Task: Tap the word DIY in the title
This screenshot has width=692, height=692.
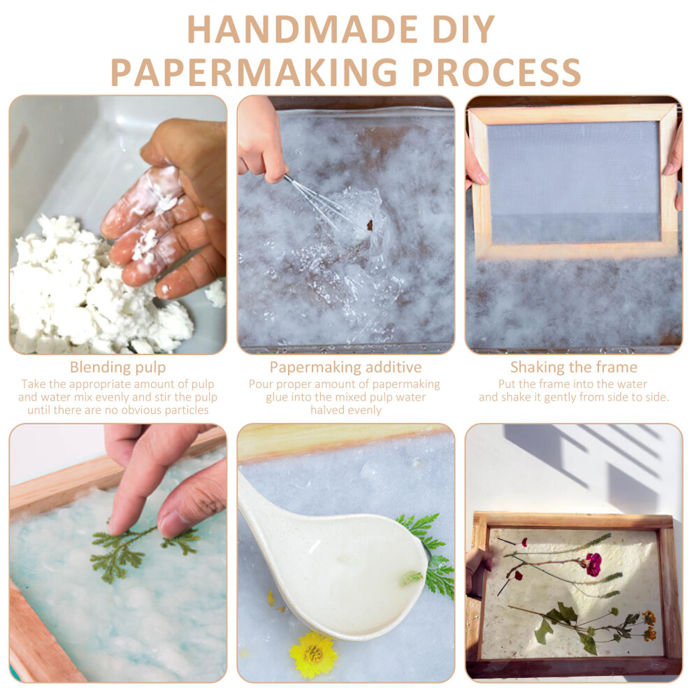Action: pyautogui.click(x=463, y=29)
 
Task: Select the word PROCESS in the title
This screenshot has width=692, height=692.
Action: pyautogui.click(x=496, y=72)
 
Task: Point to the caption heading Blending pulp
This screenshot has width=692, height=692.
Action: pyautogui.click(x=118, y=367)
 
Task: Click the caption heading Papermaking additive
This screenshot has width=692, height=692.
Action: pyautogui.click(x=345, y=367)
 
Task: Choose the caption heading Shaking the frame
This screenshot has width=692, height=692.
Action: pyautogui.click(x=574, y=367)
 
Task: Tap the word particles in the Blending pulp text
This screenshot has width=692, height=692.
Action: pyautogui.click(x=186, y=410)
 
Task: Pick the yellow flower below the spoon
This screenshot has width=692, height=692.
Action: pyautogui.click(x=313, y=654)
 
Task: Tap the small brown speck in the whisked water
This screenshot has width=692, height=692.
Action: pyautogui.click(x=370, y=225)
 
